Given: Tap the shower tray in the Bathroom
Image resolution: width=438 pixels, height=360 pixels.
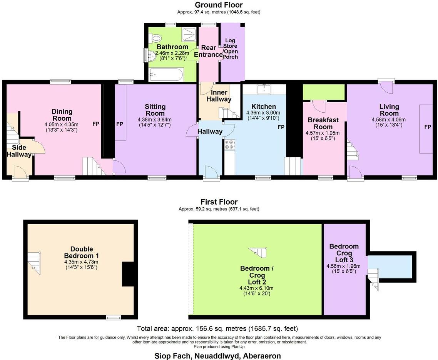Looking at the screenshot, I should (x=188, y=34).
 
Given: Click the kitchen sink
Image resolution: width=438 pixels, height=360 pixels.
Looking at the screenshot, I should (x=264, y=90).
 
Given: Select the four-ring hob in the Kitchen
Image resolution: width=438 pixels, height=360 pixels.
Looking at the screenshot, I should (x=229, y=145).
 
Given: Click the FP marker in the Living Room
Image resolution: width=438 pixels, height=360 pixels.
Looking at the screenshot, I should (x=427, y=127).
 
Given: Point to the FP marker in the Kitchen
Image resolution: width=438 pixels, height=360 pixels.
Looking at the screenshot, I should (x=281, y=127).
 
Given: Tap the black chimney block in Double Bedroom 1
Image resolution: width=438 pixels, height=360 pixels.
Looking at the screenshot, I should (x=128, y=274).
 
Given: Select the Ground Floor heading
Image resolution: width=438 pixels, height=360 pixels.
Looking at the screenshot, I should (x=219, y=5).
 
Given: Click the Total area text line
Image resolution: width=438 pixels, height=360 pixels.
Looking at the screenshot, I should (x=217, y=329).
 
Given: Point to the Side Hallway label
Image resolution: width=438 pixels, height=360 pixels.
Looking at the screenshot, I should (x=19, y=151).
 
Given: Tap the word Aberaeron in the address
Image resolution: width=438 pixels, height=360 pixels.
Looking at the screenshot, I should (x=262, y=356).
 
